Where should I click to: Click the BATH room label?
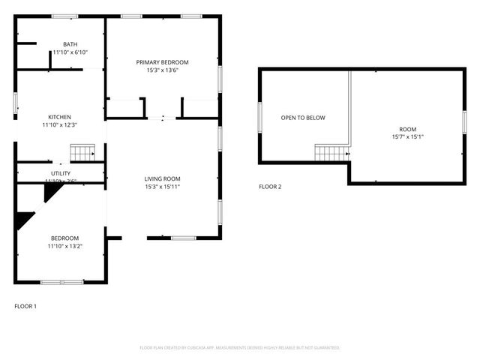coord(70,44)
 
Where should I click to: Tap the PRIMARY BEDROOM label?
coord(162,62)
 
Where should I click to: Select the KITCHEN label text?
coord(60,117)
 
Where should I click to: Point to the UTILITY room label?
coord(60,173)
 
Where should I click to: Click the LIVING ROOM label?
coord(162,178)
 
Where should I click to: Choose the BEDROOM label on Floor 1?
coord(64,238)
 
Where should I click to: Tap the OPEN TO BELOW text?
coord(303,118)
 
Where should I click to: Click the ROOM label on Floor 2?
coord(407,129)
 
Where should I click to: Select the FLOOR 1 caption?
coord(25,306)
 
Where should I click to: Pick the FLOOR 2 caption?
coord(270,187)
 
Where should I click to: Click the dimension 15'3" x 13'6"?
coord(162,70)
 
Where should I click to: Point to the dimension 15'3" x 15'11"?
coord(162,186)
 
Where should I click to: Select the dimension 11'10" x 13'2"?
coord(64,246)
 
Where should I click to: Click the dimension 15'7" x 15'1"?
coord(407,137)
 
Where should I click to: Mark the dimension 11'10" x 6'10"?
coord(70,52)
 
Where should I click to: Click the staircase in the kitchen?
coord(83,152)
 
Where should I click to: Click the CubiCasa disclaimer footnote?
coord(240,348)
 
